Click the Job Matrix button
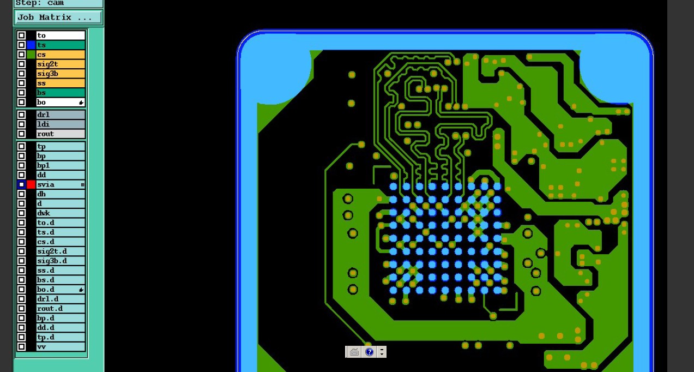click(x=58, y=17)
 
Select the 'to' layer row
click(x=61, y=35)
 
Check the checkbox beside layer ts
click(x=21, y=45)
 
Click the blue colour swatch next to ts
click(x=31, y=45)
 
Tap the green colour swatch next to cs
click(x=31, y=55)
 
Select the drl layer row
click(x=61, y=115)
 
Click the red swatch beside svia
click(x=31, y=184)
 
